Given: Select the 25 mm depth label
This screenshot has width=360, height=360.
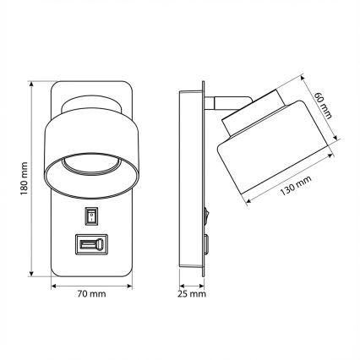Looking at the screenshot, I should coord(193,296).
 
